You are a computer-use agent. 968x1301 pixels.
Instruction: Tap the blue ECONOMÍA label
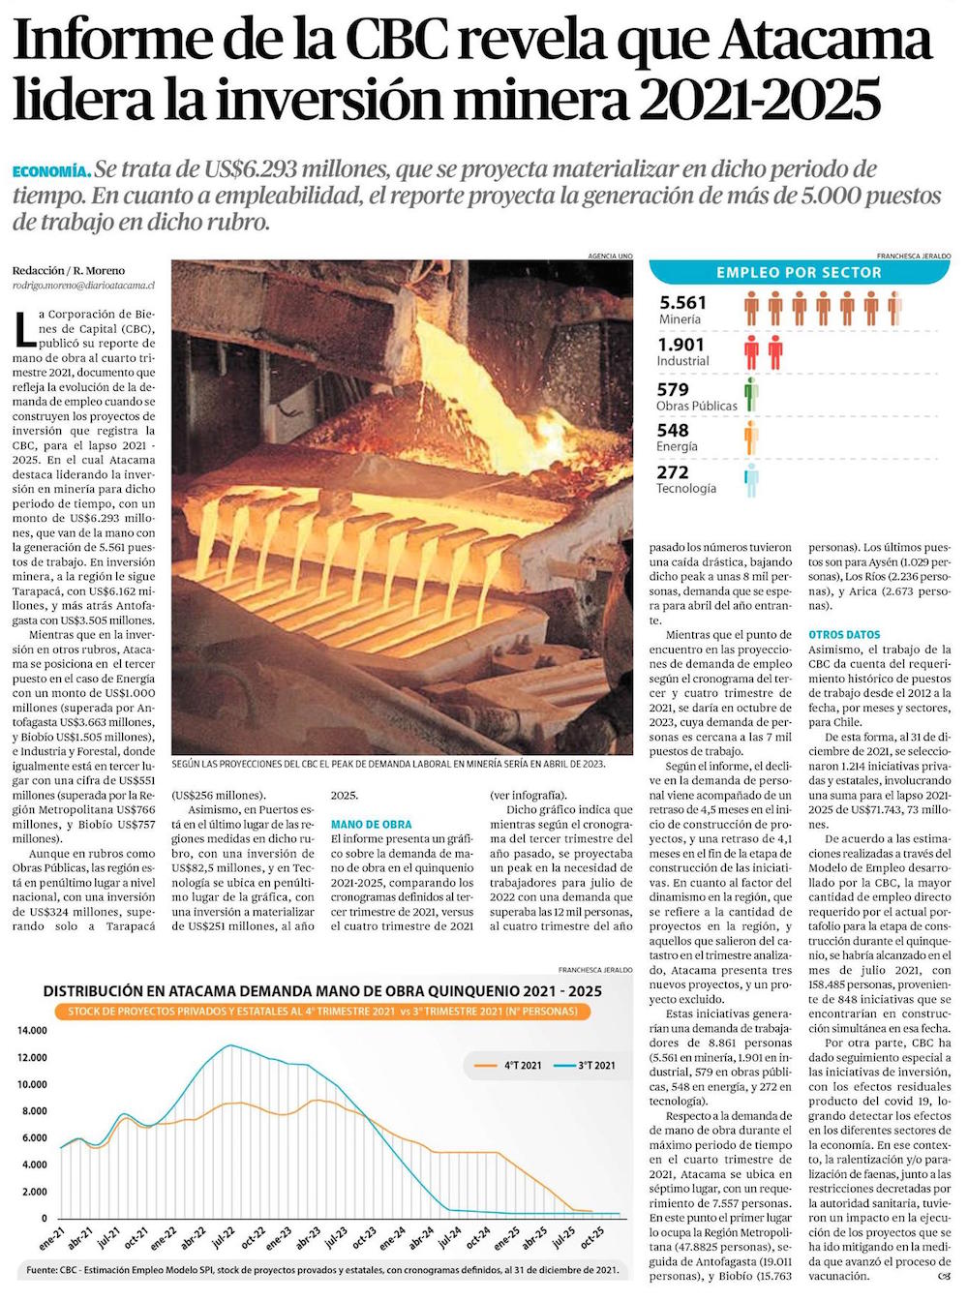(x=51, y=171)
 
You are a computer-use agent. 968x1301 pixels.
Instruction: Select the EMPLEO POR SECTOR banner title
(x=799, y=273)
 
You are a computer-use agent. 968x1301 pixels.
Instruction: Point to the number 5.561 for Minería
(x=682, y=303)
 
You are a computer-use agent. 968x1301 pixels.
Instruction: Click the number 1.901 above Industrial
(x=681, y=345)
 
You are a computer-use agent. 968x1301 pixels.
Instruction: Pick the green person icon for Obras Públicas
(x=751, y=395)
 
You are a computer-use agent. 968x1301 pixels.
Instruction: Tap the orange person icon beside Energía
(x=751, y=438)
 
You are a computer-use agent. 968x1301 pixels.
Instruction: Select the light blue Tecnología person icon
(x=751, y=480)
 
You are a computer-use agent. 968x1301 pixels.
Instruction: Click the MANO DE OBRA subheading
(x=371, y=825)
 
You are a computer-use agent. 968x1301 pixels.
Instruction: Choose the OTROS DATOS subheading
(x=844, y=635)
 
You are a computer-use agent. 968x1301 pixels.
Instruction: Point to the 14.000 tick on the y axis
(x=32, y=1031)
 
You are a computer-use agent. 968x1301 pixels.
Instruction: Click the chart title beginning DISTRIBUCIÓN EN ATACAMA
(x=322, y=991)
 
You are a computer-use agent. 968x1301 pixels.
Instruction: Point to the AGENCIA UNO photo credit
(x=610, y=256)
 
